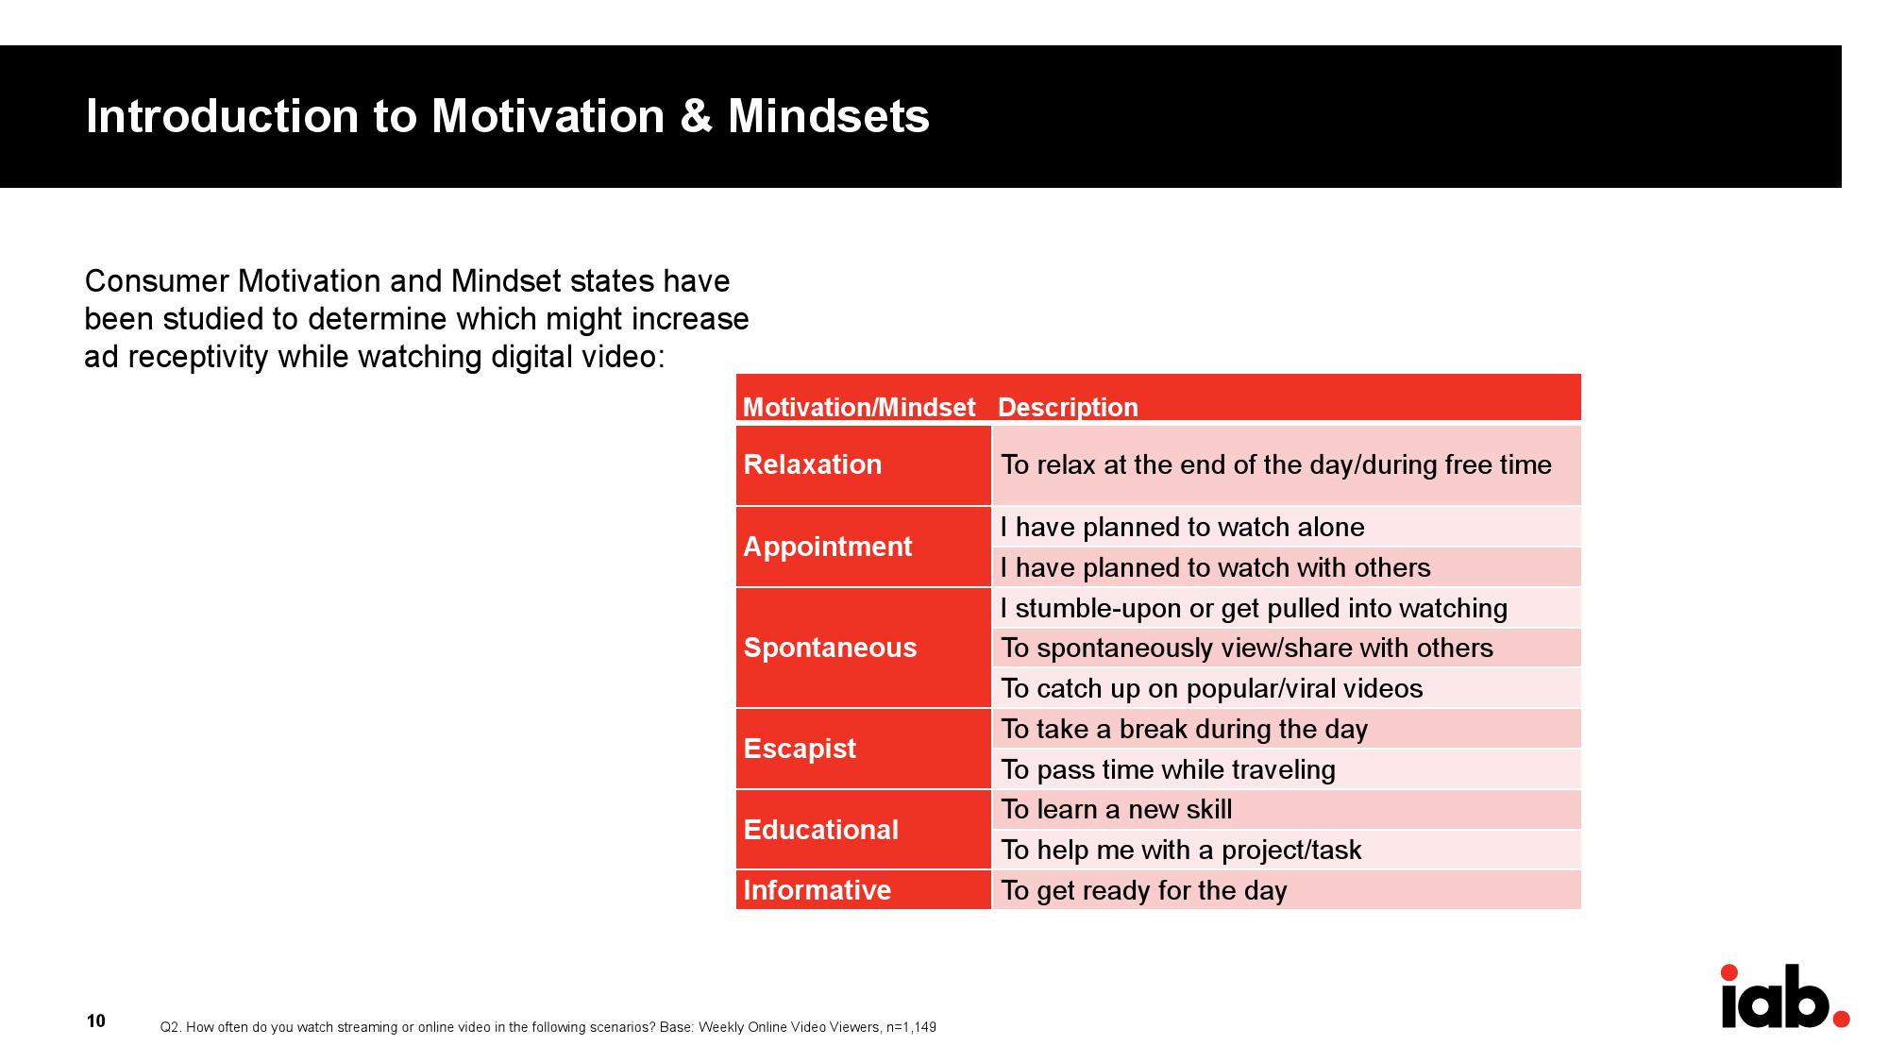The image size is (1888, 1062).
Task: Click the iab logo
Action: pyautogui.click(x=1784, y=997)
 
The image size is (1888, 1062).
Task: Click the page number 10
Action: pyautogui.click(x=95, y=1020)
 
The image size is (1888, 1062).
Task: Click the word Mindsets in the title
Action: pyautogui.click(x=829, y=116)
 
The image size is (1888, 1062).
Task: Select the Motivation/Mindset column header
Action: pyautogui.click(x=859, y=407)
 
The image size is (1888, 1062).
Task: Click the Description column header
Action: pyautogui.click(x=1068, y=407)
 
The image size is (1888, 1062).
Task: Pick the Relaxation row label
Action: pyautogui.click(x=813, y=464)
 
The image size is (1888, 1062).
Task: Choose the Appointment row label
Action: pyautogui.click(x=828, y=547)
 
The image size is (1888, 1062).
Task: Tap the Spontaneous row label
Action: pyautogui.click(x=831, y=648)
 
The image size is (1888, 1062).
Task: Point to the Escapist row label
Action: pyautogui.click(x=800, y=749)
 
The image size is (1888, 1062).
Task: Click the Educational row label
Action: pyautogui.click(x=821, y=830)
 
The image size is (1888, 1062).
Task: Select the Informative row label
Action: pyautogui.click(x=818, y=890)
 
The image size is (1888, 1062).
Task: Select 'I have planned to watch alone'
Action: pyautogui.click(x=1183, y=527)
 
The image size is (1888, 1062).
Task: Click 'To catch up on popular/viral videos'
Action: pyautogui.click(x=1212, y=689)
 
